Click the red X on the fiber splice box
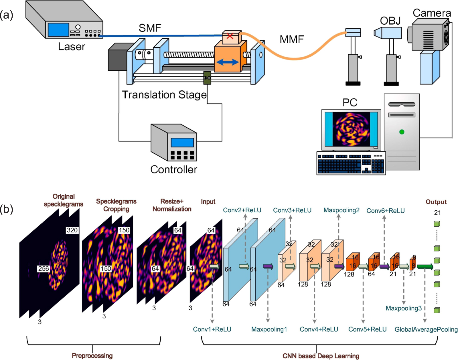tap(230, 36)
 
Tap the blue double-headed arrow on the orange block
tap(227, 62)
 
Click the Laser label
tap(72, 47)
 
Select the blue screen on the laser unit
tap(58, 30)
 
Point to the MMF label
tap(291, 39)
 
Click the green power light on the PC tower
tap(402, 132)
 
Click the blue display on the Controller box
tap(182, 142)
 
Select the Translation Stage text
tap(164, 95)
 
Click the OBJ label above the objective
tap(390, 21)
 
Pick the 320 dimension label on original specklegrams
tap(72, 230)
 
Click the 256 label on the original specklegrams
tap(44, 269)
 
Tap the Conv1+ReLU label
tap(212, 329)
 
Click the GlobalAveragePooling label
tap(426, 330)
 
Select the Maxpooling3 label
tap(403, 308)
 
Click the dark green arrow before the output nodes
tap(425, 267)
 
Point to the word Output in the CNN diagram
tap(436, 202)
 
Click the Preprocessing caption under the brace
tap(92, 355)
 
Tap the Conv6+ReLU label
tap(385, 211)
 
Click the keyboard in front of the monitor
tap(351, 163)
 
